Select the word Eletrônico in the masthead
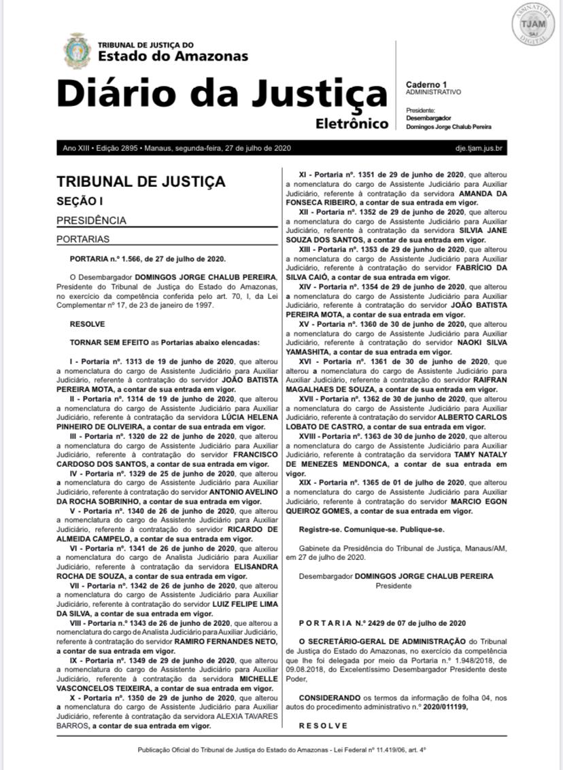click(352, 124)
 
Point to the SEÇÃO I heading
click(80, 201)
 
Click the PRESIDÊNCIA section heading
click(91, 220)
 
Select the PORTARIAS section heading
click(83, 239)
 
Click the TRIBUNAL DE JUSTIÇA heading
click(141, 182)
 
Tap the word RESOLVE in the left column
click(87, 325)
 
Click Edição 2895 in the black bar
click(118, 148)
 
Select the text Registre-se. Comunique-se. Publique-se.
click(371, 529)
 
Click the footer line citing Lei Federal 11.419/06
click(281, 750)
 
